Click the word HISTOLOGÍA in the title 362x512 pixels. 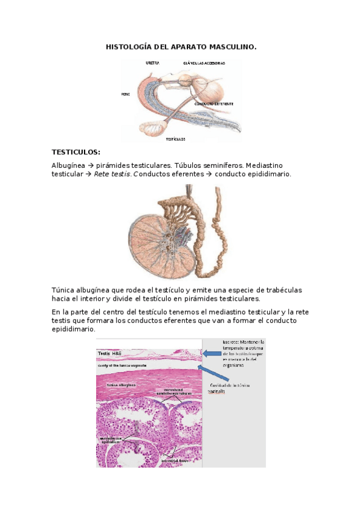128,46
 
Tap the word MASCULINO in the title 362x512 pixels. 233,46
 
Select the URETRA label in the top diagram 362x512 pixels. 152,62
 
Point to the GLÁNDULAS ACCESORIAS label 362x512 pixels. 204,63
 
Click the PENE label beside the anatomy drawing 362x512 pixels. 126,94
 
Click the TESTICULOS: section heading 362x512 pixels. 76,152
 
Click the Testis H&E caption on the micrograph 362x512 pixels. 112,352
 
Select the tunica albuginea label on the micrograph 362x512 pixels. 117,385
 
